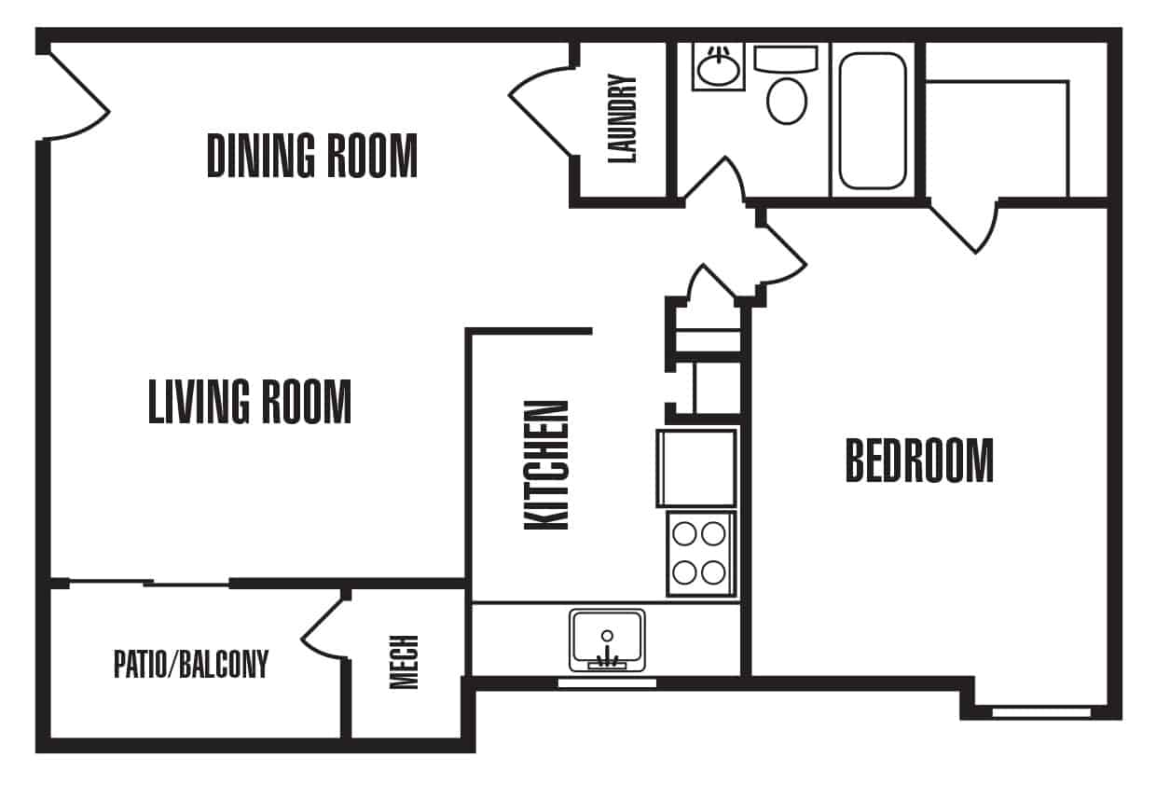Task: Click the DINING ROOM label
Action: point(311,156)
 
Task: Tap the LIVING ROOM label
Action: point(250,402)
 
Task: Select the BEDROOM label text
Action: point(919,461)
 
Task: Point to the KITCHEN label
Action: point(546,465)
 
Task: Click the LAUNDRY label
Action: point(622,118)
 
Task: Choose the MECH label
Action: point(404,662)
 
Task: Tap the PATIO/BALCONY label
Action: point(191,664)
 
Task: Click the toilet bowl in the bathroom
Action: point(787,101)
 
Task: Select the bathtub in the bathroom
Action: point(873,121)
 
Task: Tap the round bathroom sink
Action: point(718,68)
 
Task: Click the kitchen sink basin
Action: point(607,640)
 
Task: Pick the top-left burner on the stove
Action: point(685,533)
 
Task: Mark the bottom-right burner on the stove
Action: point(713,572)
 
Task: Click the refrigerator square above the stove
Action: point(696,468)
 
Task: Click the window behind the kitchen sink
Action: point(607,683)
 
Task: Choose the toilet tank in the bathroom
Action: point(786,59)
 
